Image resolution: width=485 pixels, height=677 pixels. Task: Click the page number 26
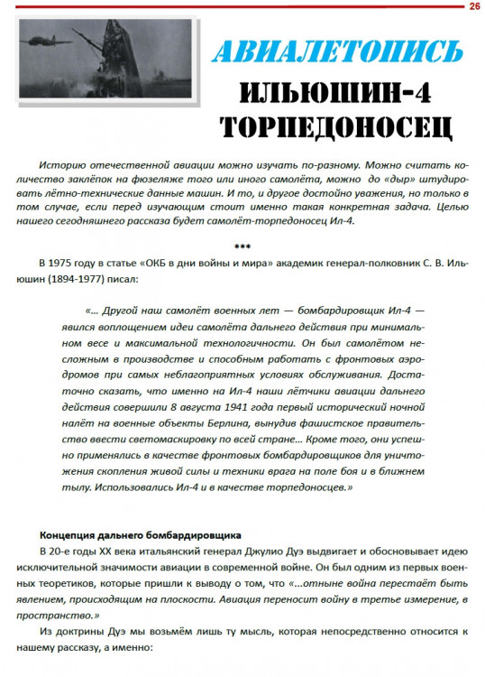tap(474, 6)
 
